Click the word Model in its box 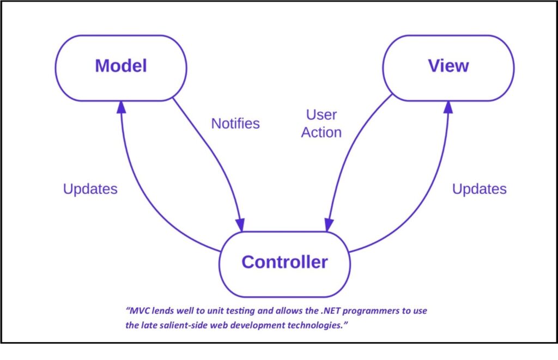click(121, 66)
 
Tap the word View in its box click(448, 66)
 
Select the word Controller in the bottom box click(284, 262)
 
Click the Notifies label click(235, 124)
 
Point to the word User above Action click(322, 114)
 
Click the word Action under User click(322, 132)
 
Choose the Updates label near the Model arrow click(90, 189)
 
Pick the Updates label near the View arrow click(480, 189)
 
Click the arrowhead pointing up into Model click(122, 107)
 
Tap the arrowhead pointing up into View click(448, 107)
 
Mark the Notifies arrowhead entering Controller click(240, 225)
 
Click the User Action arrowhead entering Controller click(329, 225)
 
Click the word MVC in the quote click(139, 311)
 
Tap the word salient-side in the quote click(187, 325)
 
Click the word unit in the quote click(215, 311)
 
